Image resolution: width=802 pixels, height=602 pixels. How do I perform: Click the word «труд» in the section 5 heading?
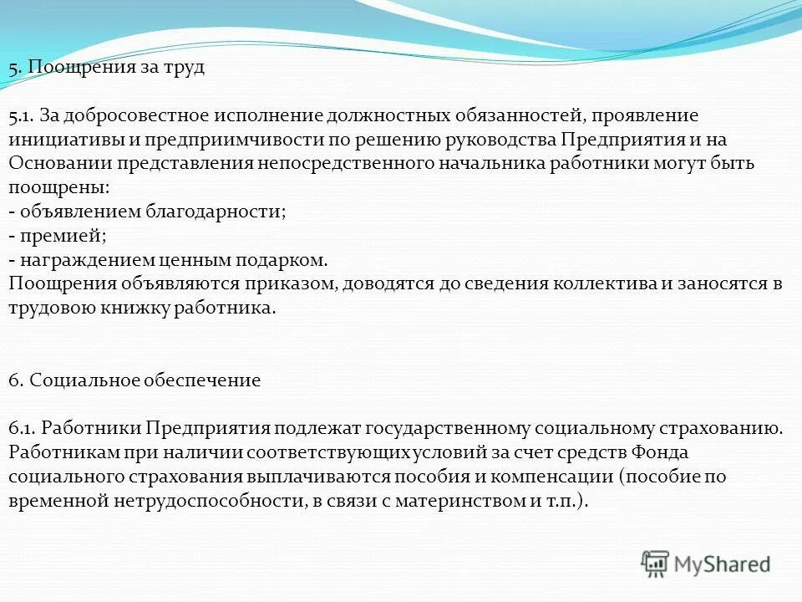pos(184,68)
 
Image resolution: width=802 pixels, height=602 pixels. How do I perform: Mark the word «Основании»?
pos(55,163)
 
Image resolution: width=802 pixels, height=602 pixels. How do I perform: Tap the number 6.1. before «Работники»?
pos(23,429)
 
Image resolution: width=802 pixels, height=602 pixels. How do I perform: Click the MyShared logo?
pos(706,564)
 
